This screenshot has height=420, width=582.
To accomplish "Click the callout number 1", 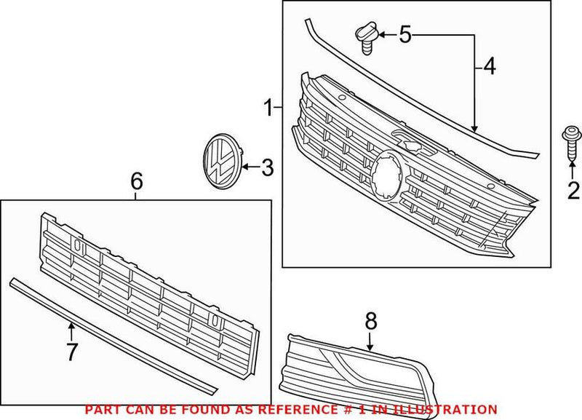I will click(268, 110).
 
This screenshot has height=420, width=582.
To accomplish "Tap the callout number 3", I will click(267, 168).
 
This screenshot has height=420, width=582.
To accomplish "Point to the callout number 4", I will click(488, 67).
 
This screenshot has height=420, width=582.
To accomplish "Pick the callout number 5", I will click(405, 33).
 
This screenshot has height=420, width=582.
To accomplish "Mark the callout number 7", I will click(71, 352).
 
